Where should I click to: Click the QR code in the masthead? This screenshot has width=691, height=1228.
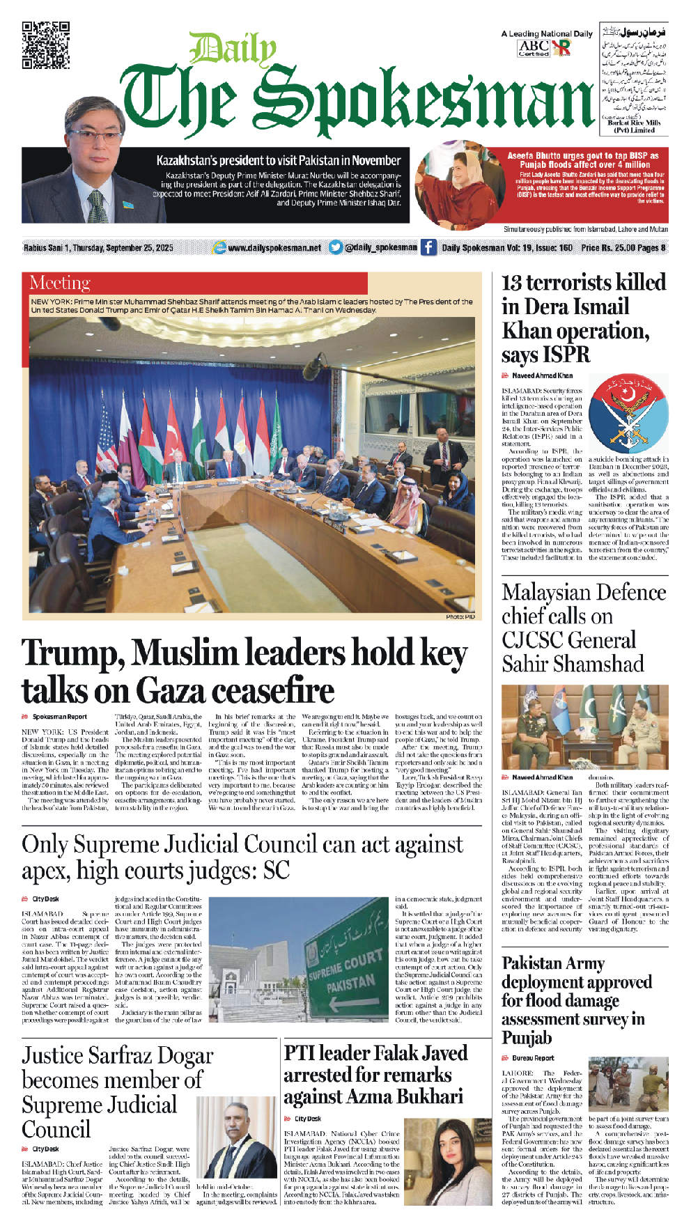pos(45,45)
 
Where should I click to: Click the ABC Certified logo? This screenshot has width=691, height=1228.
pos(534,48)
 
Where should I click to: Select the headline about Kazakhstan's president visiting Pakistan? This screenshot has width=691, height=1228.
pos(278,160)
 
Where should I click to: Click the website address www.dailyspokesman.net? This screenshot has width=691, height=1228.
pos(274,247)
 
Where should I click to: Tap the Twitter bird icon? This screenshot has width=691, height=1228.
pos(336,247)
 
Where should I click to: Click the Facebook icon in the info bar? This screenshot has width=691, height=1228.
pos(428,247)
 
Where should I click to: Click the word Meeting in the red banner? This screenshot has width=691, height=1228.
pos(60,283)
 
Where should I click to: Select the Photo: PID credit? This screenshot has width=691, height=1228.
pos(460,616)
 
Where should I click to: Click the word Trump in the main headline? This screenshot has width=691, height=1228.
pos(72,653)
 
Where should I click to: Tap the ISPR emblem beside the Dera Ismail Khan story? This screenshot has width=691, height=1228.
pos(628,414)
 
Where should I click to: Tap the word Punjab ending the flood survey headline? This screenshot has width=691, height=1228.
pos(527,1037)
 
